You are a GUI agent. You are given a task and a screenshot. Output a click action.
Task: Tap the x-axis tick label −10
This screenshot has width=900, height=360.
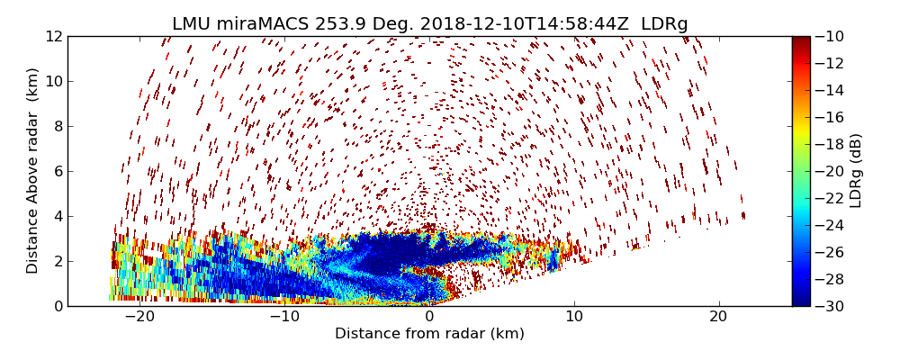coord(283,317)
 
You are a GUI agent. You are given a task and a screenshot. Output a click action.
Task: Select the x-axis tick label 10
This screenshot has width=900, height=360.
coord(573,317)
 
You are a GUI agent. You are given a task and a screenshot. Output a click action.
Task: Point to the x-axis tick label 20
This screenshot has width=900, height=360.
coord(718,317)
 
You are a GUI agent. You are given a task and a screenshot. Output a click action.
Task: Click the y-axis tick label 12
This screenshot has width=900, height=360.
coord(54,36)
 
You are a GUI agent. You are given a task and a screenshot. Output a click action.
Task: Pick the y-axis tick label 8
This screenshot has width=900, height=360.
coord(58,126)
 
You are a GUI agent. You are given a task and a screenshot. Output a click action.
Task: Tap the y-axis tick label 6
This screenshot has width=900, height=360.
coord(58,171)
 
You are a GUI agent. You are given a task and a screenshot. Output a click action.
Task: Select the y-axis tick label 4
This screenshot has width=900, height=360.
coord(58,216)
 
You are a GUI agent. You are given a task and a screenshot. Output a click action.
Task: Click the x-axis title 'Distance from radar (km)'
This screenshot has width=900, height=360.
coord(429,334)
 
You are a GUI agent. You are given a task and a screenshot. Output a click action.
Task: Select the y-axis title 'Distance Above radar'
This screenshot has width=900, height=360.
coord(33,171)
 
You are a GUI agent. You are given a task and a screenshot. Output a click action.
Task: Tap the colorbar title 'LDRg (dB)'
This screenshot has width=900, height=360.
coord(856,171)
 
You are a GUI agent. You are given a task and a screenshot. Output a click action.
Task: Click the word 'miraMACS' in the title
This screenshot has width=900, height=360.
coord(265,24)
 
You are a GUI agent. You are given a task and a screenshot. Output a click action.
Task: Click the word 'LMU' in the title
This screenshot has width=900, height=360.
coord(192,24)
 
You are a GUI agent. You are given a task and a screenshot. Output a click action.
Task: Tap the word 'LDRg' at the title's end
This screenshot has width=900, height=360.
coord(664,24)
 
